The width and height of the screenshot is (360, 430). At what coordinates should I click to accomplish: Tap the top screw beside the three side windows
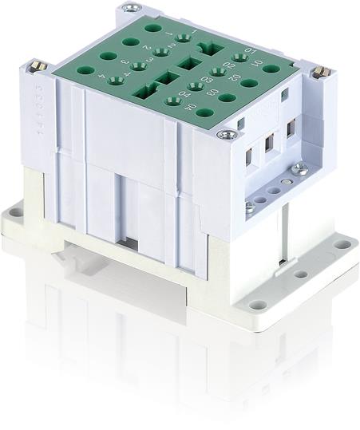pyautogui.click(x=231, y=134)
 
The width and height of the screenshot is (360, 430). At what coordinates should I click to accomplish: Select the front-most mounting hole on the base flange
pyautogui.click(x=255, y=304)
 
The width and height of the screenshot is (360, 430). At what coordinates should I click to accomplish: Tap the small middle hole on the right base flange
pyautogui.click(x=300, y=274)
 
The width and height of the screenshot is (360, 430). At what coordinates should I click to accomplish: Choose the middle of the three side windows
pyautogui.click(x=271, y=143)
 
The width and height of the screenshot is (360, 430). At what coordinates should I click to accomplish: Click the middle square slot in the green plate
pyautogui.click(x=188, y=63)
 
